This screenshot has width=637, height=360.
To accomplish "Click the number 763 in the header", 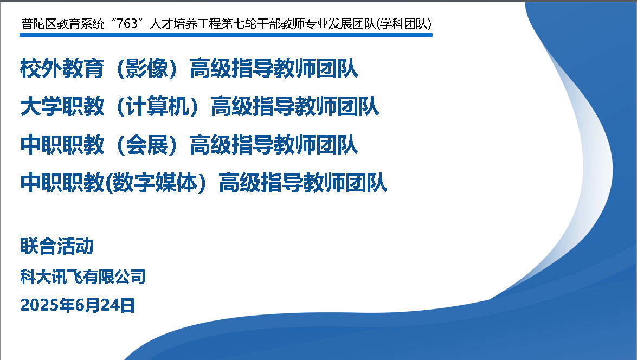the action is pos(127,23).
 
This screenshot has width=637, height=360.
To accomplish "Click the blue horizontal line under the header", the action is pos(226,35).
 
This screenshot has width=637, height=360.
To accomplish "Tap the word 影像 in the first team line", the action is pos(147,68).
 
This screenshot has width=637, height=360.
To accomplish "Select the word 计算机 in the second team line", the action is pos(158,106).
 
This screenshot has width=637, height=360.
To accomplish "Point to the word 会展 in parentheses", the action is pos(147,145).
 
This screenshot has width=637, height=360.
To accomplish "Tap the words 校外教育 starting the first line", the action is pos(62,68).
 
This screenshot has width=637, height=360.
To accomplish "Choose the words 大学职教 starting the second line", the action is pos(62,106).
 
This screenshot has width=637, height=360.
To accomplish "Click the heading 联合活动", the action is pos(57,246).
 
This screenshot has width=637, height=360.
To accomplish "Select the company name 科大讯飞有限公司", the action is pos(83,277).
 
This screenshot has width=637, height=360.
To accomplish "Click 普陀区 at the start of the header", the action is pos(38,23).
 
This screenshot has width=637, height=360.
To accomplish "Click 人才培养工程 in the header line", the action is pos(185,23).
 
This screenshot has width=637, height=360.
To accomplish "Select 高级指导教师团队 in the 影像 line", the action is pos(273,68).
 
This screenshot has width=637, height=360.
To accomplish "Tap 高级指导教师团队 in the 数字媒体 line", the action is pos(303,183).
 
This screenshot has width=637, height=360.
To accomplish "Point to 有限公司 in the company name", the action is pos(114,277).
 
